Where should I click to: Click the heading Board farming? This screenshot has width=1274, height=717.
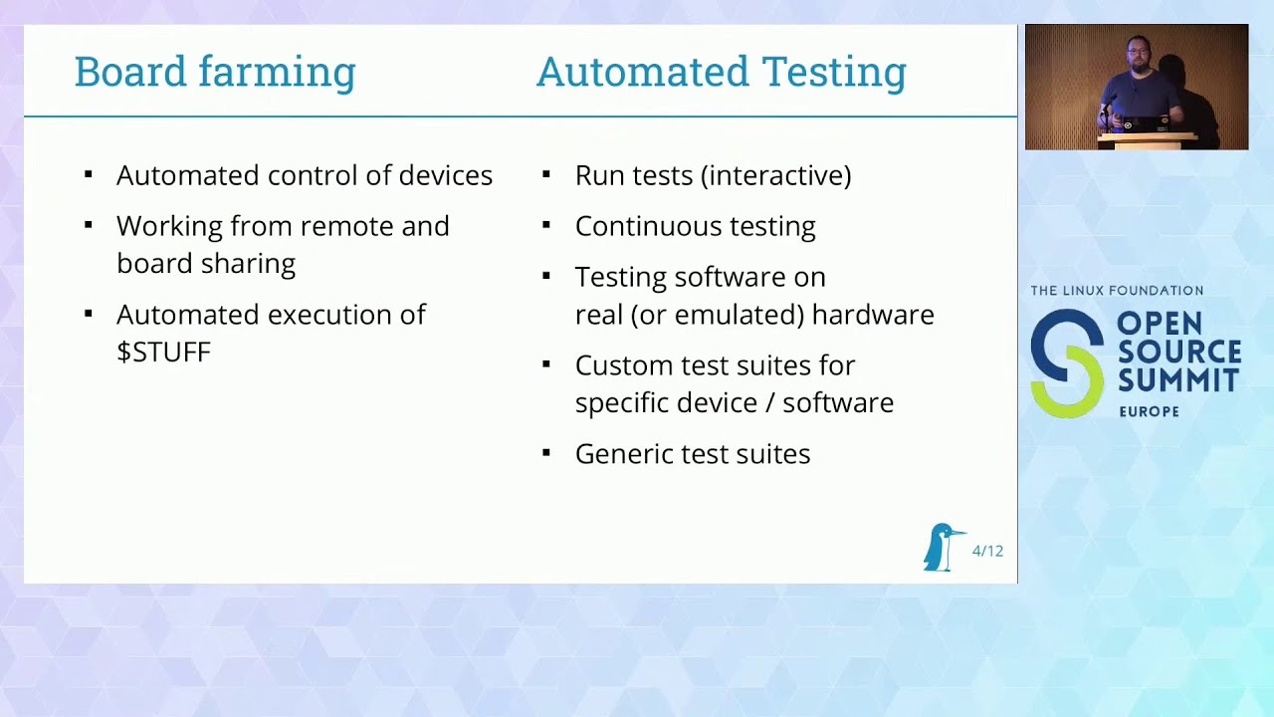click(x=214, y=72)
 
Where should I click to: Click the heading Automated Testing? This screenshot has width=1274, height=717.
click(x=721, y=72)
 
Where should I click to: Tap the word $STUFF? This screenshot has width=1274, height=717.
click(x=163, y=353)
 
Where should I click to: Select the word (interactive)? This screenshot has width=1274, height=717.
click(x=775, y=175)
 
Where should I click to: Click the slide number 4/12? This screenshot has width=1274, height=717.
click(x=987, y=551)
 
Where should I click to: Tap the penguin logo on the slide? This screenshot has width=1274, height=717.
click(x=941, y=547)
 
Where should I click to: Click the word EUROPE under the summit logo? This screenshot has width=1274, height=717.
click(x=1149, y=411)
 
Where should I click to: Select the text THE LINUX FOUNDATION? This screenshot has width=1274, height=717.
click(x=1117, y=291)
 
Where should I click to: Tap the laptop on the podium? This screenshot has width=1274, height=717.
click(x=1145, y=124)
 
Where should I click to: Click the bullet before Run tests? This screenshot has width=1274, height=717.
click(x=546, y=174)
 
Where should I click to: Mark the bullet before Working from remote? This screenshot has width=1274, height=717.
click(x=89, y=225)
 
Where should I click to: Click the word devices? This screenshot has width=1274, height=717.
click(x=445, y=175)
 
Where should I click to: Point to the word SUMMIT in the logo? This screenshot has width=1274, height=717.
click(x=1178, y=380)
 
